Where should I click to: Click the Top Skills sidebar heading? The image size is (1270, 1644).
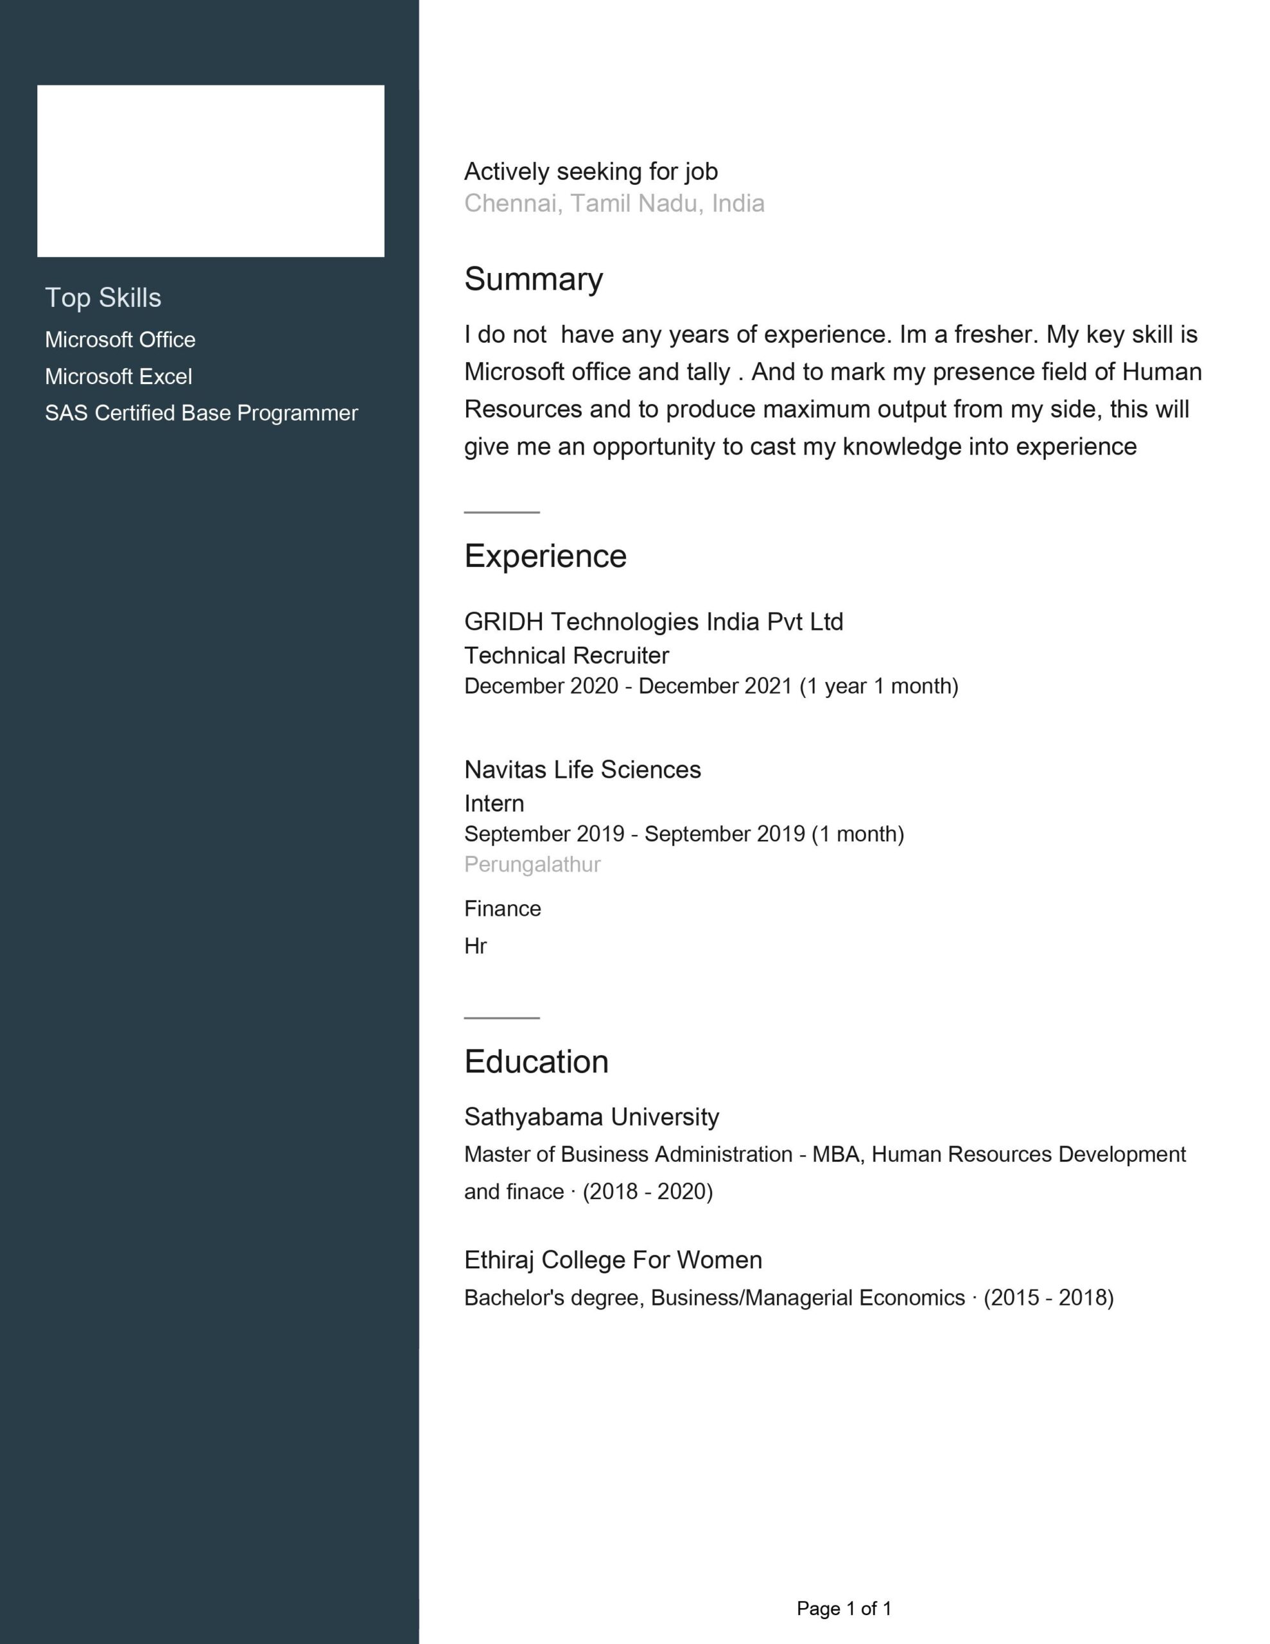103,297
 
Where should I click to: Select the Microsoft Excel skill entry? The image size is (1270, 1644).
118,376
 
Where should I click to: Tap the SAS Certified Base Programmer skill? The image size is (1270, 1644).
201,414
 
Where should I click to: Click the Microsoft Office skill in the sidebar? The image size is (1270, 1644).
119,340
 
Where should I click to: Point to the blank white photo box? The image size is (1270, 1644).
211,171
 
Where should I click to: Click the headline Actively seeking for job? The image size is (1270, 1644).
591,171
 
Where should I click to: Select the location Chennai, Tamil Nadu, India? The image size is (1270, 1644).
614,203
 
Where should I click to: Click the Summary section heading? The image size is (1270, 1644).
533,279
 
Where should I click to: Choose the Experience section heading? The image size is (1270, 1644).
545,556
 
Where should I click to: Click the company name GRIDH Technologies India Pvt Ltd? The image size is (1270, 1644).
654,622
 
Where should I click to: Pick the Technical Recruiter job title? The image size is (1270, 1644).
566,656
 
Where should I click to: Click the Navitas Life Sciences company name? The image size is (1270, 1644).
582,769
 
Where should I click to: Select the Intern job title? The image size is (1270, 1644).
494,803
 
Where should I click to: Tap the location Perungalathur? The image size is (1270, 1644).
532,864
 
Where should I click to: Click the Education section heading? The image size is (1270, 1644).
536,1062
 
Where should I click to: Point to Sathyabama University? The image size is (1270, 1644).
591,1116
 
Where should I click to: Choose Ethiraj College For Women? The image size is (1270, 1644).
613,1259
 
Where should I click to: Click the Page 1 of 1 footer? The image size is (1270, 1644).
844,1609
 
